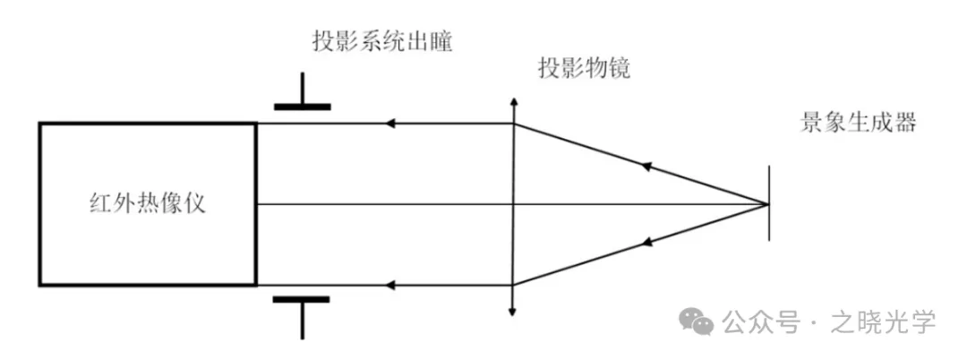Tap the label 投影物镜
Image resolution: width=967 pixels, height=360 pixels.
point(584,69)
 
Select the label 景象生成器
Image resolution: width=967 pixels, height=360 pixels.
point(858,123)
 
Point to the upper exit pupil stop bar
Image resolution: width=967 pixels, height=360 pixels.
point(302,107)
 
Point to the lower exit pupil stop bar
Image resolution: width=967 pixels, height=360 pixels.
point(302,299)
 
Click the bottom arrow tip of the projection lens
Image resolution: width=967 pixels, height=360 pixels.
point(513,313)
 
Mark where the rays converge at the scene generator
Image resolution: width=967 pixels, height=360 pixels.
point(767,204)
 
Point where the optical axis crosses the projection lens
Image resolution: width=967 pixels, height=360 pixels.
point(513,204)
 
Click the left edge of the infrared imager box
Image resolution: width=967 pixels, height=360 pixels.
point(40,203)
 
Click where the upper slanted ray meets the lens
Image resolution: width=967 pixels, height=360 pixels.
point(513,124)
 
